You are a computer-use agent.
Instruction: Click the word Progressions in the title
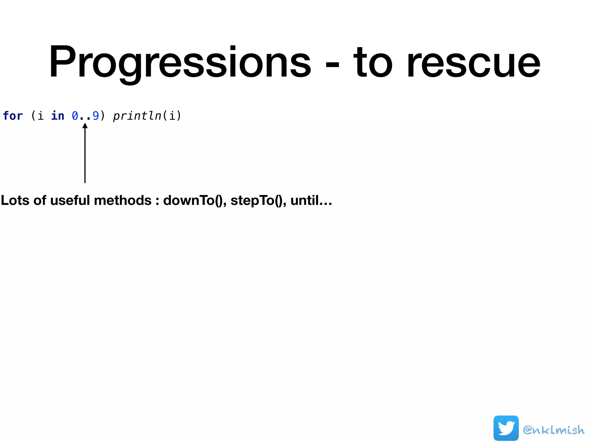click(x=180, y=62)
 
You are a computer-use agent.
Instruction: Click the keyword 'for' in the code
click(x=13, y=116)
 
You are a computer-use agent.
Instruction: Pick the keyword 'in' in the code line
click(x=58, y=116)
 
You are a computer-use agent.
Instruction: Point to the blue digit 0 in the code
click(x=75, y=116)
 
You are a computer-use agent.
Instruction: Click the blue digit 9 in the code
click(x=96, y=116)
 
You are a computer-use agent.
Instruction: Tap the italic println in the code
click(x=137, y=116)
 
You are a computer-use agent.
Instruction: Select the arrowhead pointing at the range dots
click(x=85, y=126)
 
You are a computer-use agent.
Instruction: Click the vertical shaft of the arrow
click(x=85, y=155)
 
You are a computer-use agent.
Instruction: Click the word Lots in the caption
click(x=15, y=200)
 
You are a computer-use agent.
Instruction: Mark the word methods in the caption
click(x=123, y=200)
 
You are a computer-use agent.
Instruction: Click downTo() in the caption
click(x=194, y=200)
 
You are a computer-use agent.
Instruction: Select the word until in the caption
click(x=304, y=200)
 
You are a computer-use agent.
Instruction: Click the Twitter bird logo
click(x=506, y=428)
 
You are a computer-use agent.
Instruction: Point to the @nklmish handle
click(x=553, y=430)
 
